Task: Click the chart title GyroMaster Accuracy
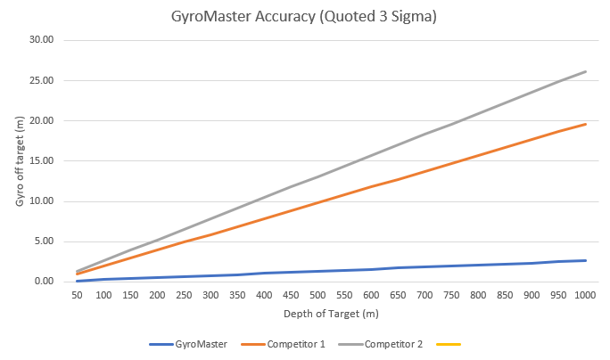[x=305, y=17]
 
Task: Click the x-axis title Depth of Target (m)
[x=332, y=315]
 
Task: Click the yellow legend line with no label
[x=448, y=343]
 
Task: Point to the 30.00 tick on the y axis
[x=42, y=40]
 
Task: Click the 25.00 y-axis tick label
[x=42, y=80]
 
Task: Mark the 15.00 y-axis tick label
[x=42, y=161]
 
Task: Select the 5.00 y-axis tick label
[x=45, y=241]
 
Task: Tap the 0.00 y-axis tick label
[x=45, y=282]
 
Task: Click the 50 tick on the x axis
[x=78, y=294]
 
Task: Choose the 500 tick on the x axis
[x=318, y=294]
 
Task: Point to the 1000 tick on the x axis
[x=585, y=294]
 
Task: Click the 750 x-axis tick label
[x=451, y=294]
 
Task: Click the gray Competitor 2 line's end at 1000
[x=585, y=71]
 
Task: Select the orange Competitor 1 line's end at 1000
[x=585, y=124]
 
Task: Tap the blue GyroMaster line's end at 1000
[x=585, y=260]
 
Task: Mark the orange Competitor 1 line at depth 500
[x=318, y=201]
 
